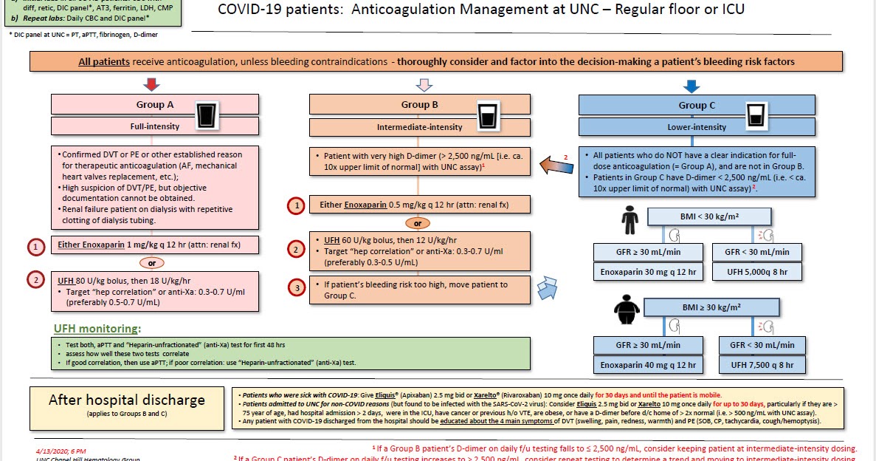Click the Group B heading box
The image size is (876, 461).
[421, 105]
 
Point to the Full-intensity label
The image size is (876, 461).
[154, 126]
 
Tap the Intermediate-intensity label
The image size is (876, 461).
[419, 127]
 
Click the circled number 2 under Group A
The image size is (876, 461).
[36, 280]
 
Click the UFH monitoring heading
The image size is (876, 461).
[97, 329]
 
